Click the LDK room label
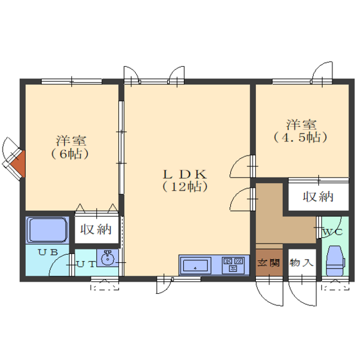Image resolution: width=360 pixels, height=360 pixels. tap(185, 174)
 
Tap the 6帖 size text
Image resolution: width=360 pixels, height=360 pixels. tap(70, 154)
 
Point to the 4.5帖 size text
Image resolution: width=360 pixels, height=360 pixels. tap(301, 138)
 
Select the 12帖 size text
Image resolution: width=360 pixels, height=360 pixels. tap(185, 186)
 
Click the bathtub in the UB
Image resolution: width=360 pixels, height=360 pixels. tap(48, 230)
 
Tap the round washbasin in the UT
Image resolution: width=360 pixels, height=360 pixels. tap(107, 258)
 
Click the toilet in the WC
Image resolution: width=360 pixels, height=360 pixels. tap(336, 260)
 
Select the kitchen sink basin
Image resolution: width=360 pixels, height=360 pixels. tap(195, 265)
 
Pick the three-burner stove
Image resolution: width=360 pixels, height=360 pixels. tap(233, 265)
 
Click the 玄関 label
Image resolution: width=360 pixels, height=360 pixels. tap(269, 262)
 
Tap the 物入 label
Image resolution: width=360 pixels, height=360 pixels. tap(301, 262)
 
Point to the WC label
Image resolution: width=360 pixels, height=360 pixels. tap(333, 232)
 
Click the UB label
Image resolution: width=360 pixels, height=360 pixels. tap(48, 252)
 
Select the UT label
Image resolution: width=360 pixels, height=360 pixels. tap(85, 264)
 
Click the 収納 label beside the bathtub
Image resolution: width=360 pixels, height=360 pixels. tap(96, 230)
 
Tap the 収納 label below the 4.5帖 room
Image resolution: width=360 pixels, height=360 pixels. tap(318, 197)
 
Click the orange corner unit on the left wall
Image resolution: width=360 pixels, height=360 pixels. tap(18, 164)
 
